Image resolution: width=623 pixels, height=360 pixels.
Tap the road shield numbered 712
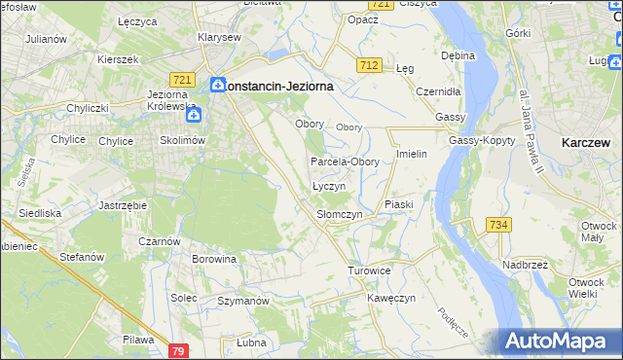pyautogui.click(x=368, y=65)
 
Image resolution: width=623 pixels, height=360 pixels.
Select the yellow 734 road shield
pyautogui.click(x=498, y=225)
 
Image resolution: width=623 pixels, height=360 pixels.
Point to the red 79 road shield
pyautogui.click(x=177, y=350)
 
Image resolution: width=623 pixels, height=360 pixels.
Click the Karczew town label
pyautogui.click(x=586, y=142)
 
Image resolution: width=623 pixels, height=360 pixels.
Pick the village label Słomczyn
pyautogui.click(x=340, y=214)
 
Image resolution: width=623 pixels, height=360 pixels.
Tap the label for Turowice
pyautogui.click(x=369, y=270)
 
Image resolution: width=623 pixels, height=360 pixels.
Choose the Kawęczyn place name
pyautogui.click(x=391, y=298)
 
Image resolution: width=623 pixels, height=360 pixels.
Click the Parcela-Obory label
pyautogui.click(x=345, y=162)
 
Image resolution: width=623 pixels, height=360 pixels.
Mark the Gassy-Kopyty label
pyautogui.click(x=475, y=141)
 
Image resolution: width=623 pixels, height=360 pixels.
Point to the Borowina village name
pyautogui.click(x=214, y=260)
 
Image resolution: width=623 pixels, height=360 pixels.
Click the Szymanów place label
pyautogui.click(x=242, y=302)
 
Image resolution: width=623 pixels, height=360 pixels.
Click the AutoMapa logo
pyautogui.click(x=559, y=341)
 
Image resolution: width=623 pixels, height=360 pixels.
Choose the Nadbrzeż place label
pyautogui.click(x=526, y=264)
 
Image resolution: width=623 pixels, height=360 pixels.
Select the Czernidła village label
pyautogui.click(x=437, y=91)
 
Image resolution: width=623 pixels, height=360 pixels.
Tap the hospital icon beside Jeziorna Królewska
pyautogui.click(x=194, y=115)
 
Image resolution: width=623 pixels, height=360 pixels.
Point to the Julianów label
pyautogui.click(x=47, y=39)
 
